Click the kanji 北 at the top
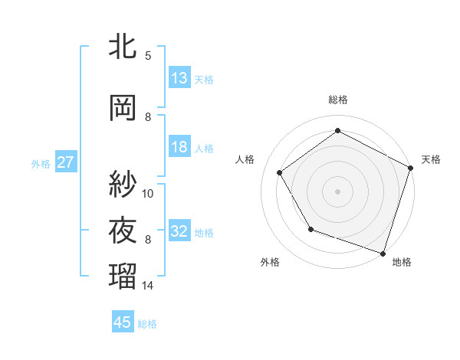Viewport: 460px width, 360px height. [123, 47]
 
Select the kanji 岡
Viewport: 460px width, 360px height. [123, 108]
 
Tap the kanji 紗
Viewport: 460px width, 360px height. [123, 184]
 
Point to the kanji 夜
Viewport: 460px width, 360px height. [123, 231]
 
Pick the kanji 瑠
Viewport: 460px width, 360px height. [123, 275]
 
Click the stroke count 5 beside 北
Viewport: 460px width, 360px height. [148, 55]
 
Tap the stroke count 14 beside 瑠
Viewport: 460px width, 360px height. [148, 286]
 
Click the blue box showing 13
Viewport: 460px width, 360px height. [179, 78]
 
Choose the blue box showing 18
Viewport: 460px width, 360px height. [179, 147]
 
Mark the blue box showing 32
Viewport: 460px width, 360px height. [179, 231]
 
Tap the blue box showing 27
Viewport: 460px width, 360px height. [65, 162]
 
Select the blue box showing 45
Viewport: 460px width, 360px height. [123, 322]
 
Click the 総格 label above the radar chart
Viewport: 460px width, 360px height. [338, 100]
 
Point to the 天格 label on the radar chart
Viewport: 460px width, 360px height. [431, 160]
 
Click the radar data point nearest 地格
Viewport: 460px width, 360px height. [383, 253]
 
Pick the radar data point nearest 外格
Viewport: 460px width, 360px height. [310, 229]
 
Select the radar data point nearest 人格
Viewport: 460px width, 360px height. [280, 172]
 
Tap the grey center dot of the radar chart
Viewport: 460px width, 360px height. [338, 191]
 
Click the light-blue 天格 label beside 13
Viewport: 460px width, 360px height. [204, 79]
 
